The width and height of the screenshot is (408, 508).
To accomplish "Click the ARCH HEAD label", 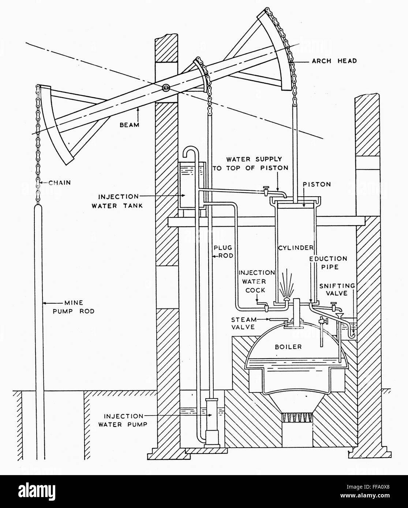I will [334, 61].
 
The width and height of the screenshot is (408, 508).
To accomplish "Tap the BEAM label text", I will [130, 125].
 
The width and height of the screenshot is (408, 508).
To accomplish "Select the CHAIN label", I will [60, 182].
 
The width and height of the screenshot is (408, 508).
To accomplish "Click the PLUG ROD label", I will [223, 252].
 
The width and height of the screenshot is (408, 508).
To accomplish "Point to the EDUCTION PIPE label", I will [328, 262].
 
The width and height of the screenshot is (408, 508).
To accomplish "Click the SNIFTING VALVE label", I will [337, 289].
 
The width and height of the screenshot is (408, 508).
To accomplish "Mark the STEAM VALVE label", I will [243, 323].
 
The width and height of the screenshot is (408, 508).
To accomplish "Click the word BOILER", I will [288, 346].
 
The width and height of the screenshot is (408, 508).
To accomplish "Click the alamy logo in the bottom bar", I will [37, 490].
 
